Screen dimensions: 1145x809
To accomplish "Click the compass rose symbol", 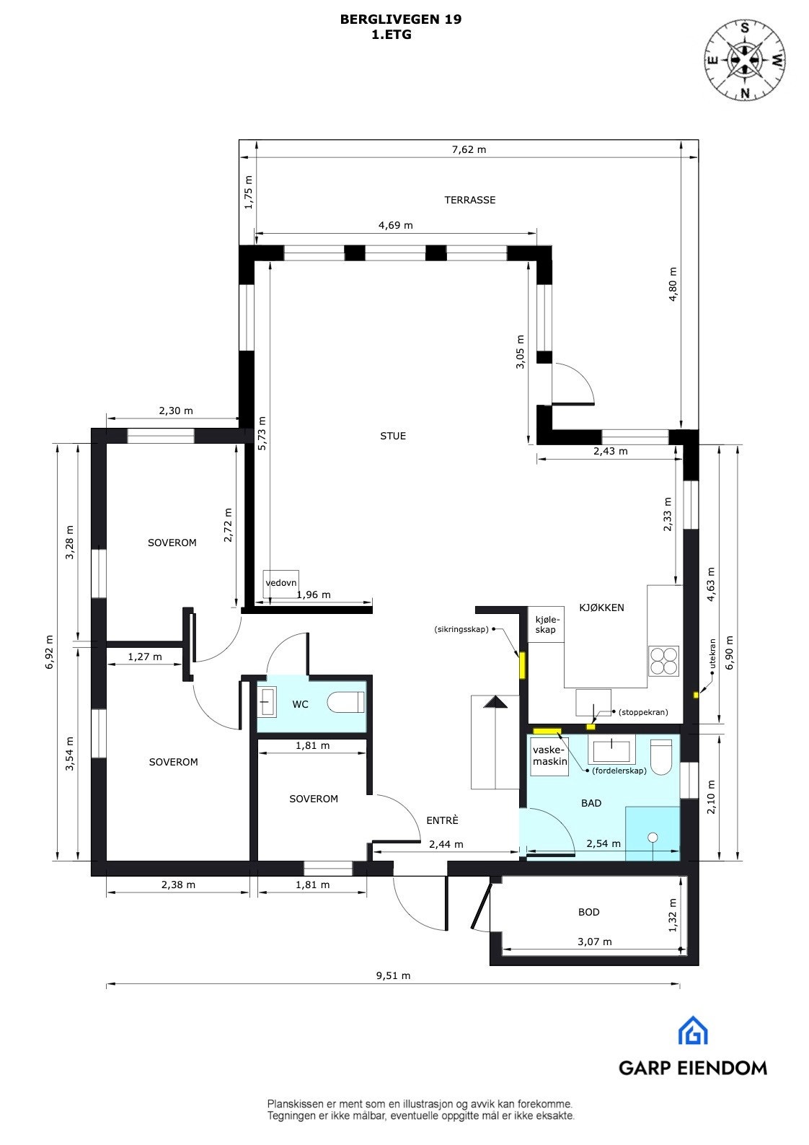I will pyautogui.click(x=744, y=58).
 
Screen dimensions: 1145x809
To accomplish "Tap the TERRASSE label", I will pyautogui.click(x=469, y=200).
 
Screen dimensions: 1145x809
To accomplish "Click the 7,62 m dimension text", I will pyautogui.click(x=469, y=149).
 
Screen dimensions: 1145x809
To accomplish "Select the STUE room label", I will pyautogui.click(x=393, y=436).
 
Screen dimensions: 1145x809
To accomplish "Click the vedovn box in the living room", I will pyautogui.click(x=281, y=583).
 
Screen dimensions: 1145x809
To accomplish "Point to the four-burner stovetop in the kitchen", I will pyautogui.click(x=663, y=659).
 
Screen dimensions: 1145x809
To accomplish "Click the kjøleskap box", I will pyautogui.click(x=547, y=624).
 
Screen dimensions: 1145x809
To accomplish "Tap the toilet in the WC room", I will pyautogui.click(x=346, y=702).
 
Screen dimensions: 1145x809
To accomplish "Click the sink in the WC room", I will pyautogui.click(x=268, y=702).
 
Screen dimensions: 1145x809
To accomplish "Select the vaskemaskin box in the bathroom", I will pyautogui.click(x=549, y=755).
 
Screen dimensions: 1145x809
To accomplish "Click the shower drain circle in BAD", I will pyautogui.click(x=653, y=837).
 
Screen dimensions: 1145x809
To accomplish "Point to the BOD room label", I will pyautogui.click(x=588, y=912).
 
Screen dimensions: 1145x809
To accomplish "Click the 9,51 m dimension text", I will pyautogui.click(x=393, y=975).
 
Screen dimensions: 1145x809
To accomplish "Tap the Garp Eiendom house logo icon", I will pyautogui.click(x=692, y=1030).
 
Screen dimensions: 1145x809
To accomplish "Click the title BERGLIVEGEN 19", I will pyautogui.click(x=400, y=20).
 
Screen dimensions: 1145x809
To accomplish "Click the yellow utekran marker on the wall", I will pyautogui.click(x=696, y=695).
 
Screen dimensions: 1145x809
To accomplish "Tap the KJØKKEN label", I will pyautogui.click(x=601, y=607).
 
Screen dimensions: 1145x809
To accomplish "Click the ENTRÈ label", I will pyautogui.click(x=442, y=820).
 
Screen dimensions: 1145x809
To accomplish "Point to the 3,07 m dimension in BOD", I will pyautogui.click(x=594, y=942).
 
